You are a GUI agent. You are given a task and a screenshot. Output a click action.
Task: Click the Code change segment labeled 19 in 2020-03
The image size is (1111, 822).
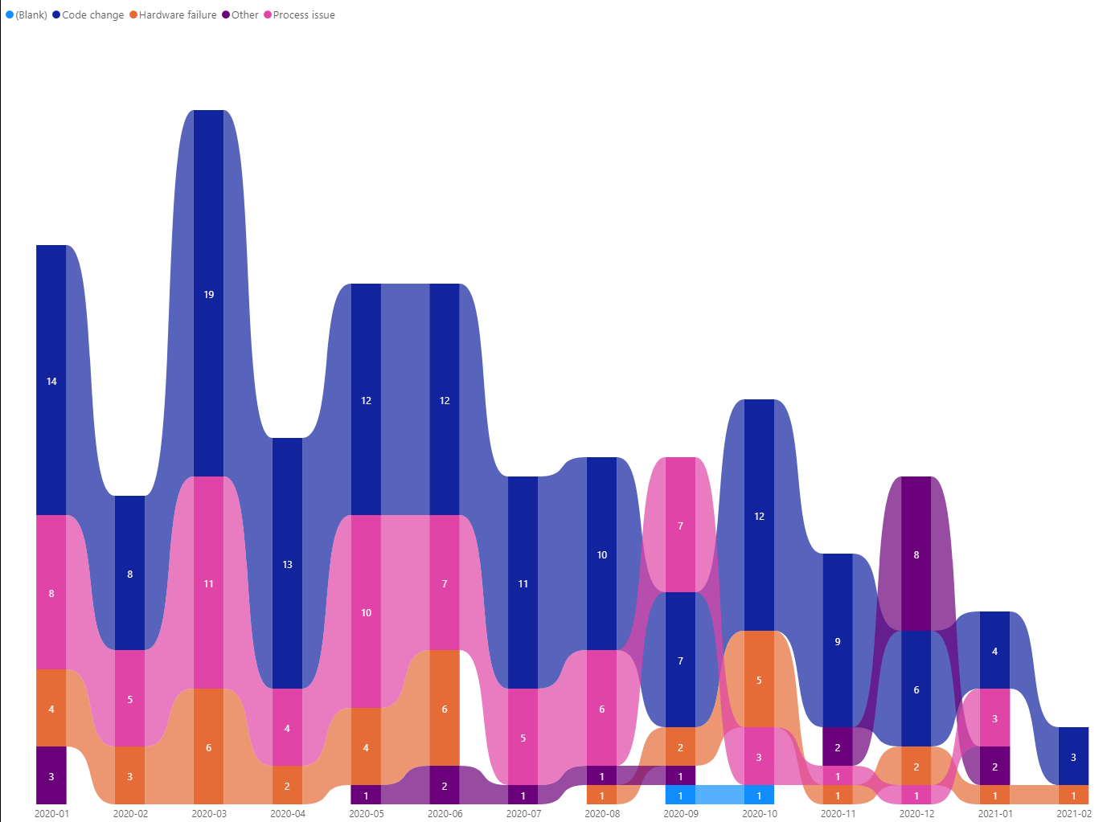(209, 293)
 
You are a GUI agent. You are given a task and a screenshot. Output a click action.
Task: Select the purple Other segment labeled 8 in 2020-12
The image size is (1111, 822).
(916, 554)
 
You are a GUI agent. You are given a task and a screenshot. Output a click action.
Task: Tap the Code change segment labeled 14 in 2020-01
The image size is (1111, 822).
(51, 380)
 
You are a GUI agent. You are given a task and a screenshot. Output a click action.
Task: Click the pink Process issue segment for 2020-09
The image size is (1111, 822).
(680, 525)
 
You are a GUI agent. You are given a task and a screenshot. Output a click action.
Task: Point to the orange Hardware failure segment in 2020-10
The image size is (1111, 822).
(759, 679)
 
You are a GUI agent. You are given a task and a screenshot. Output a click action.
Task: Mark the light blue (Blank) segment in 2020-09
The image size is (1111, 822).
(680, 795)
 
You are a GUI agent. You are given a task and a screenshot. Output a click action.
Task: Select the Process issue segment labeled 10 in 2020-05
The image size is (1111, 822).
(366, 611)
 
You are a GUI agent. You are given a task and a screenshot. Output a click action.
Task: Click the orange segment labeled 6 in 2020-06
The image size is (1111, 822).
(445, 708)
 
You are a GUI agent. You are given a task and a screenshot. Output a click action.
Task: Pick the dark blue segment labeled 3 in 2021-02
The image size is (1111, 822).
(1073, 756)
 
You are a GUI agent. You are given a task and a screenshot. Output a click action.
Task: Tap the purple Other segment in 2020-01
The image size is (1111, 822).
(51, 775)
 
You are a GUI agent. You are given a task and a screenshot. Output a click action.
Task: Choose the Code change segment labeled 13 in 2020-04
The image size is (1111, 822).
(287, 563)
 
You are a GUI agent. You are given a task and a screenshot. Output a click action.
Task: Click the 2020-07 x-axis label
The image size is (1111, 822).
(523, 814)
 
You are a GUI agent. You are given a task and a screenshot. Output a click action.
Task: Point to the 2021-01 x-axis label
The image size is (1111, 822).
(995, 814)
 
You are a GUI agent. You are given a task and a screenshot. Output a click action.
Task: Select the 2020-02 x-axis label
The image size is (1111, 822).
(130, 814)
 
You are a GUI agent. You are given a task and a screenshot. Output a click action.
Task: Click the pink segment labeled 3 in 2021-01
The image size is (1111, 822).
(995, 718)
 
